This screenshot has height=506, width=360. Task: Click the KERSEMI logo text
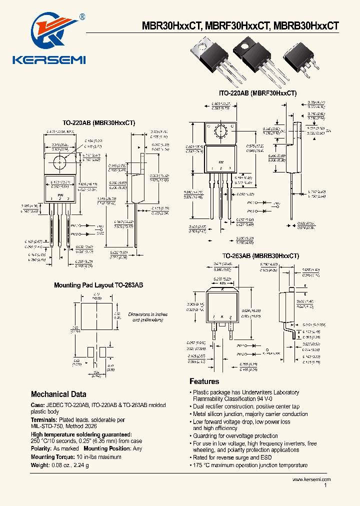[x=49, y=60]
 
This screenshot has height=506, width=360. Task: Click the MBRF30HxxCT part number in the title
[x=234, y=26]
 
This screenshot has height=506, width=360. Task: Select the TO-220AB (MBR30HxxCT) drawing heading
[x=98, y=122]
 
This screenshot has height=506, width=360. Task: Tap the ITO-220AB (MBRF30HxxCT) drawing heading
[x=257, y=93]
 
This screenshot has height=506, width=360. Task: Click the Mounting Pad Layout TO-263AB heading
[x=98, y=285]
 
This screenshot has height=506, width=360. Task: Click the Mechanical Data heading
[x=58, y=394]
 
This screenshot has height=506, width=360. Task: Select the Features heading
[x=204, y=381]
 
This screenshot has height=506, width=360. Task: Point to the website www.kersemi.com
[x=311, y=479]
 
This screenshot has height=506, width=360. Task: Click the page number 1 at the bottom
[x=326, y=485]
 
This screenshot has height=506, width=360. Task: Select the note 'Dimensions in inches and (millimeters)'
[x=148, y=317]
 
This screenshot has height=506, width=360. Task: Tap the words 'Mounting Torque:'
[x=49, y=457]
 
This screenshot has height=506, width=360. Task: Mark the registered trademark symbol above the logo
[x=82, y=16]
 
